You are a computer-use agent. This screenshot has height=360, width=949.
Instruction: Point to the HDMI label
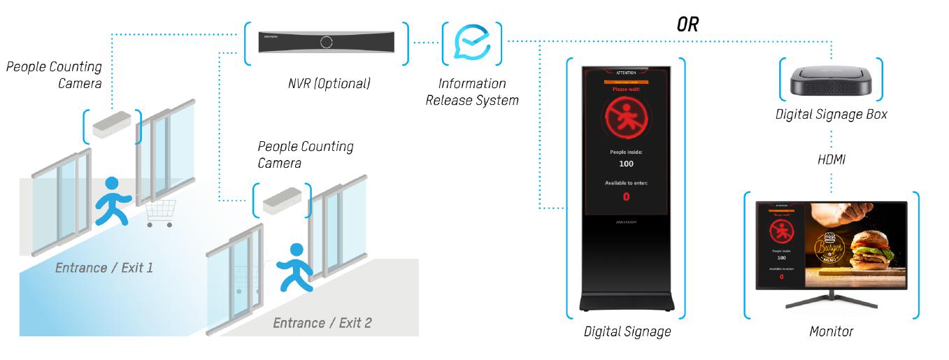(x=831, y=160)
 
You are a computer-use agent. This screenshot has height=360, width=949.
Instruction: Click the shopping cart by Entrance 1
(x=161, y=212)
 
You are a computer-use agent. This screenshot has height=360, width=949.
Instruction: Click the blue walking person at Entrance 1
(x=112, y=201)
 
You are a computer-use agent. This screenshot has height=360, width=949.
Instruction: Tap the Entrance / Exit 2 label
(x=322, y=323)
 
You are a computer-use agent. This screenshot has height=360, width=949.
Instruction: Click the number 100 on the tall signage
(x=625, y=164)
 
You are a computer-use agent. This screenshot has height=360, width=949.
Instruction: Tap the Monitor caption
(x=831, y=331)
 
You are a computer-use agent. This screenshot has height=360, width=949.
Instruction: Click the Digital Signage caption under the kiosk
(x=627, y=331)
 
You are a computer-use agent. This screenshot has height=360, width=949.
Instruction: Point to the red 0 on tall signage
(x=625, y=196)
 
